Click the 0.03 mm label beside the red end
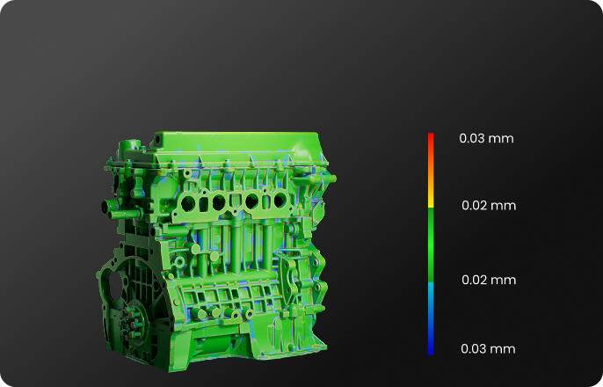[x=486, y=138]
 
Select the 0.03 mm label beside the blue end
[x=488, y=349]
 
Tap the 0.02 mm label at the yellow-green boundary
[x=489, y=206]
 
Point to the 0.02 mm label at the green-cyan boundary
[x=489, y=280]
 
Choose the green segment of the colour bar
[x=431, y=245]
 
